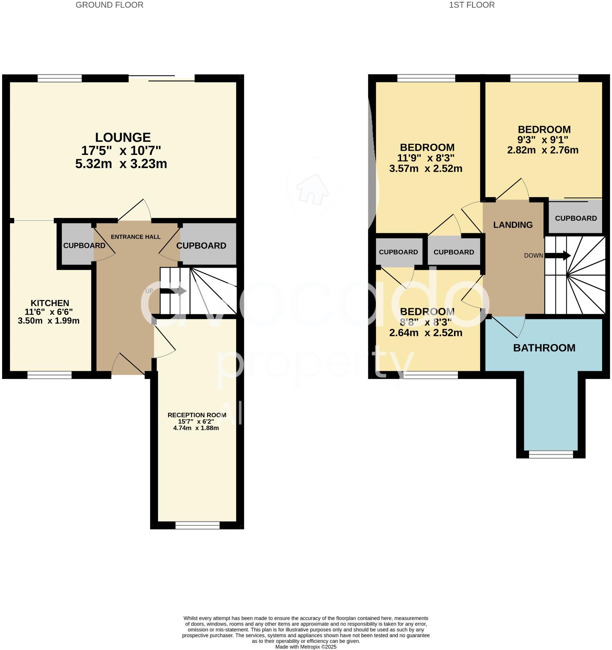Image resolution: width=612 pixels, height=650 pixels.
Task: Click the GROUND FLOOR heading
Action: [x=109, y=5]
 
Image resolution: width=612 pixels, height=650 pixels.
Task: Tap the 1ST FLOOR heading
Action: [x=472, y=5]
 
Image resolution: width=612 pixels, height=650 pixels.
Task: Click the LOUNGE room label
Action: [x=123, y=137]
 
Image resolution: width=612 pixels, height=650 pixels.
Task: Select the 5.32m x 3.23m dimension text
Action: [x=121, y=164]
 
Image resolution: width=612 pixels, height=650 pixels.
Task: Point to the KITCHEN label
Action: [x=50, y=303]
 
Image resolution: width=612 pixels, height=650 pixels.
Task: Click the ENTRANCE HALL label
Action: [x=135, y=237]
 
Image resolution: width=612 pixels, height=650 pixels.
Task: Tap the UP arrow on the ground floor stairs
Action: [x=173, y=291]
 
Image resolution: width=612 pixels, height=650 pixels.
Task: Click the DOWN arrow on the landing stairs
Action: [x=557, y=256]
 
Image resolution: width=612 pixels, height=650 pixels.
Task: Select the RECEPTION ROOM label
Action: [x=197, y=415]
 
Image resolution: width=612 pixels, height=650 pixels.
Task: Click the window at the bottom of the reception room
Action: [x=197, y=525]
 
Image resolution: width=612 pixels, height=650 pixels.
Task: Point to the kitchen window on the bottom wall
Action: [x=49, y=375]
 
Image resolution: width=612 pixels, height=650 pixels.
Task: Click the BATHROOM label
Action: [x=544, y=348]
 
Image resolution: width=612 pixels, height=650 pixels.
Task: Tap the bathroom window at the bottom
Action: [x=551, y=454]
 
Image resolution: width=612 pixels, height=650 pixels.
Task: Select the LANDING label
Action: [x=513, y=225]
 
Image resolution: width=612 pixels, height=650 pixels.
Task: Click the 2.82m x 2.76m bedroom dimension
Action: [x=543, y=150]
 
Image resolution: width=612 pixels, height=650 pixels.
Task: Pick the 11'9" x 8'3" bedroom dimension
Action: [x=425, y=158]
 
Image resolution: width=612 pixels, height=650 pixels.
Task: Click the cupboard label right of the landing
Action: [x=576, y=218]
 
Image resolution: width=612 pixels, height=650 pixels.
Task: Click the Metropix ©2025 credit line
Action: [x=306, y=647]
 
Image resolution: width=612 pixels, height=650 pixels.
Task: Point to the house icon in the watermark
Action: [x=312, y=189]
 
